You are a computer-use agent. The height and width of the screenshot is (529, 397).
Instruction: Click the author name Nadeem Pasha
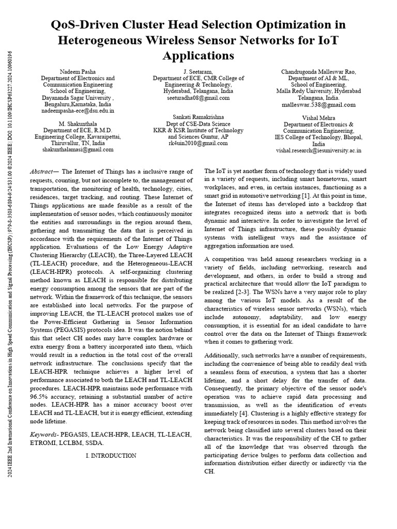coord(78,71)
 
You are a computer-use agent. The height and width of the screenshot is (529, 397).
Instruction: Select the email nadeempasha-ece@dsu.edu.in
coord(78,111)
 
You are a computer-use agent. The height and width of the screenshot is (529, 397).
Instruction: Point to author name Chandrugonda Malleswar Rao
coord(318,71)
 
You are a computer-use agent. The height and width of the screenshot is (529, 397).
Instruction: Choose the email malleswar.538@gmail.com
coord(318,104)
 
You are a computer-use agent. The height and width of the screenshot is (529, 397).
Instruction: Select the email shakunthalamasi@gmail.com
coord(78,149)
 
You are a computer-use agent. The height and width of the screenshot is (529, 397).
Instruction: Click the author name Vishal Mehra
coord(318,118)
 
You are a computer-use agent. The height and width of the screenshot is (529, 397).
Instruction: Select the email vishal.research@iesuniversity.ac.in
coord(318,150)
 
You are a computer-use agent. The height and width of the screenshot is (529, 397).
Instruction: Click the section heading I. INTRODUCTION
coord(111,456)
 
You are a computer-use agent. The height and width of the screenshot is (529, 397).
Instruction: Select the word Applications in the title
coord(198,55)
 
